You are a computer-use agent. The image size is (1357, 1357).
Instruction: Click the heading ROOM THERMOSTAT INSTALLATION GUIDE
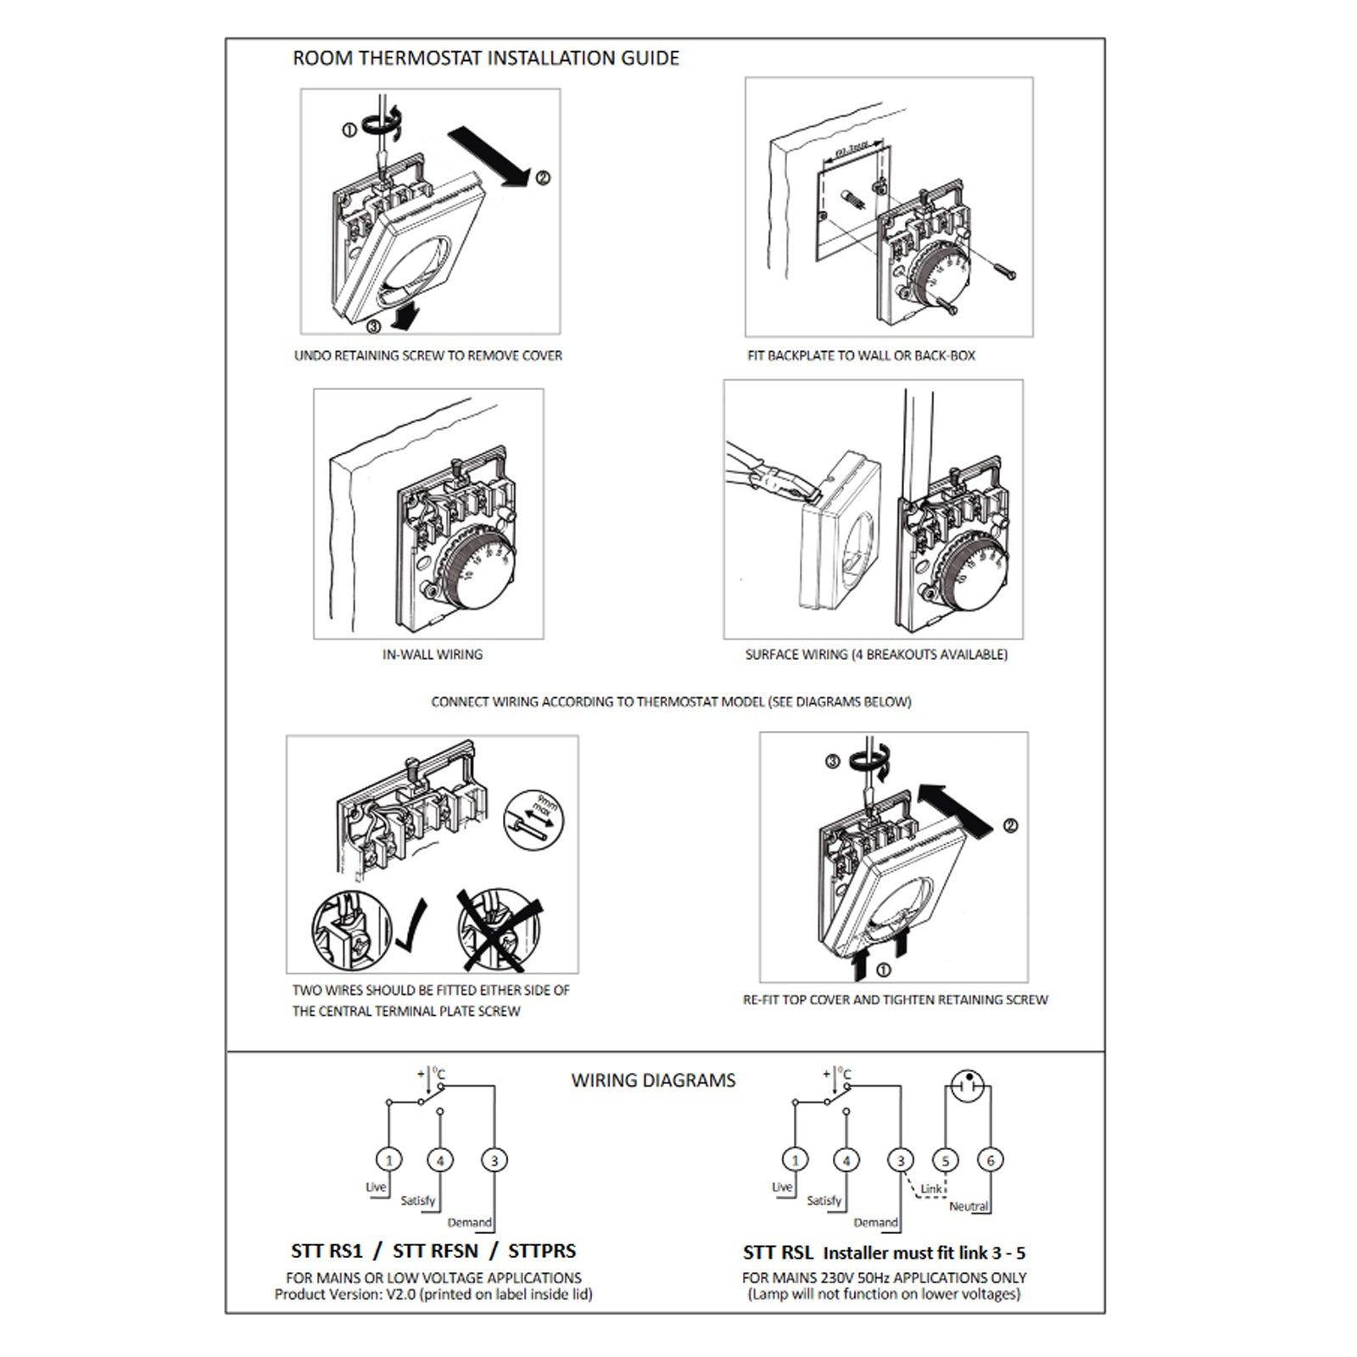(x=486, y=59)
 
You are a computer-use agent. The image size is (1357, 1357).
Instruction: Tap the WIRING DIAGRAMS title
(x=653, y=1081)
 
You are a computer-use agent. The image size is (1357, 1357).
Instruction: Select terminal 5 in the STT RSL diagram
(x=946, y=1160)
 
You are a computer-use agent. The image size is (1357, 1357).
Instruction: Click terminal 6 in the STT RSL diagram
(x=990, y=1160)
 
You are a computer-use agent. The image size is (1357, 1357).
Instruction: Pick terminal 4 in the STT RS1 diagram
(x=439, y=1160)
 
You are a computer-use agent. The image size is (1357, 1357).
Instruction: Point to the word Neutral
(x=969, y=1206)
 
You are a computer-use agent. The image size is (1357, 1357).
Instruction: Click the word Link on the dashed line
(x=931, y=1189)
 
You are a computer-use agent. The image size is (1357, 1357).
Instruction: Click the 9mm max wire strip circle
(x=533, y=820)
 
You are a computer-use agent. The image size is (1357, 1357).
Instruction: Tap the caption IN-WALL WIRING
(x=433, y=655)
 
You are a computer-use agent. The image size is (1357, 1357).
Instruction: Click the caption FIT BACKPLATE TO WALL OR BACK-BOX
(x=861, y=356)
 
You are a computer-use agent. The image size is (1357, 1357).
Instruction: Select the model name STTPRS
(x=542, y=1251)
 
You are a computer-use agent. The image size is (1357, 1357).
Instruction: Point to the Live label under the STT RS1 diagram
(x=376, y=1187)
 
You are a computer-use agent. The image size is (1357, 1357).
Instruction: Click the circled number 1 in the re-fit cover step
(x=883, y=970)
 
